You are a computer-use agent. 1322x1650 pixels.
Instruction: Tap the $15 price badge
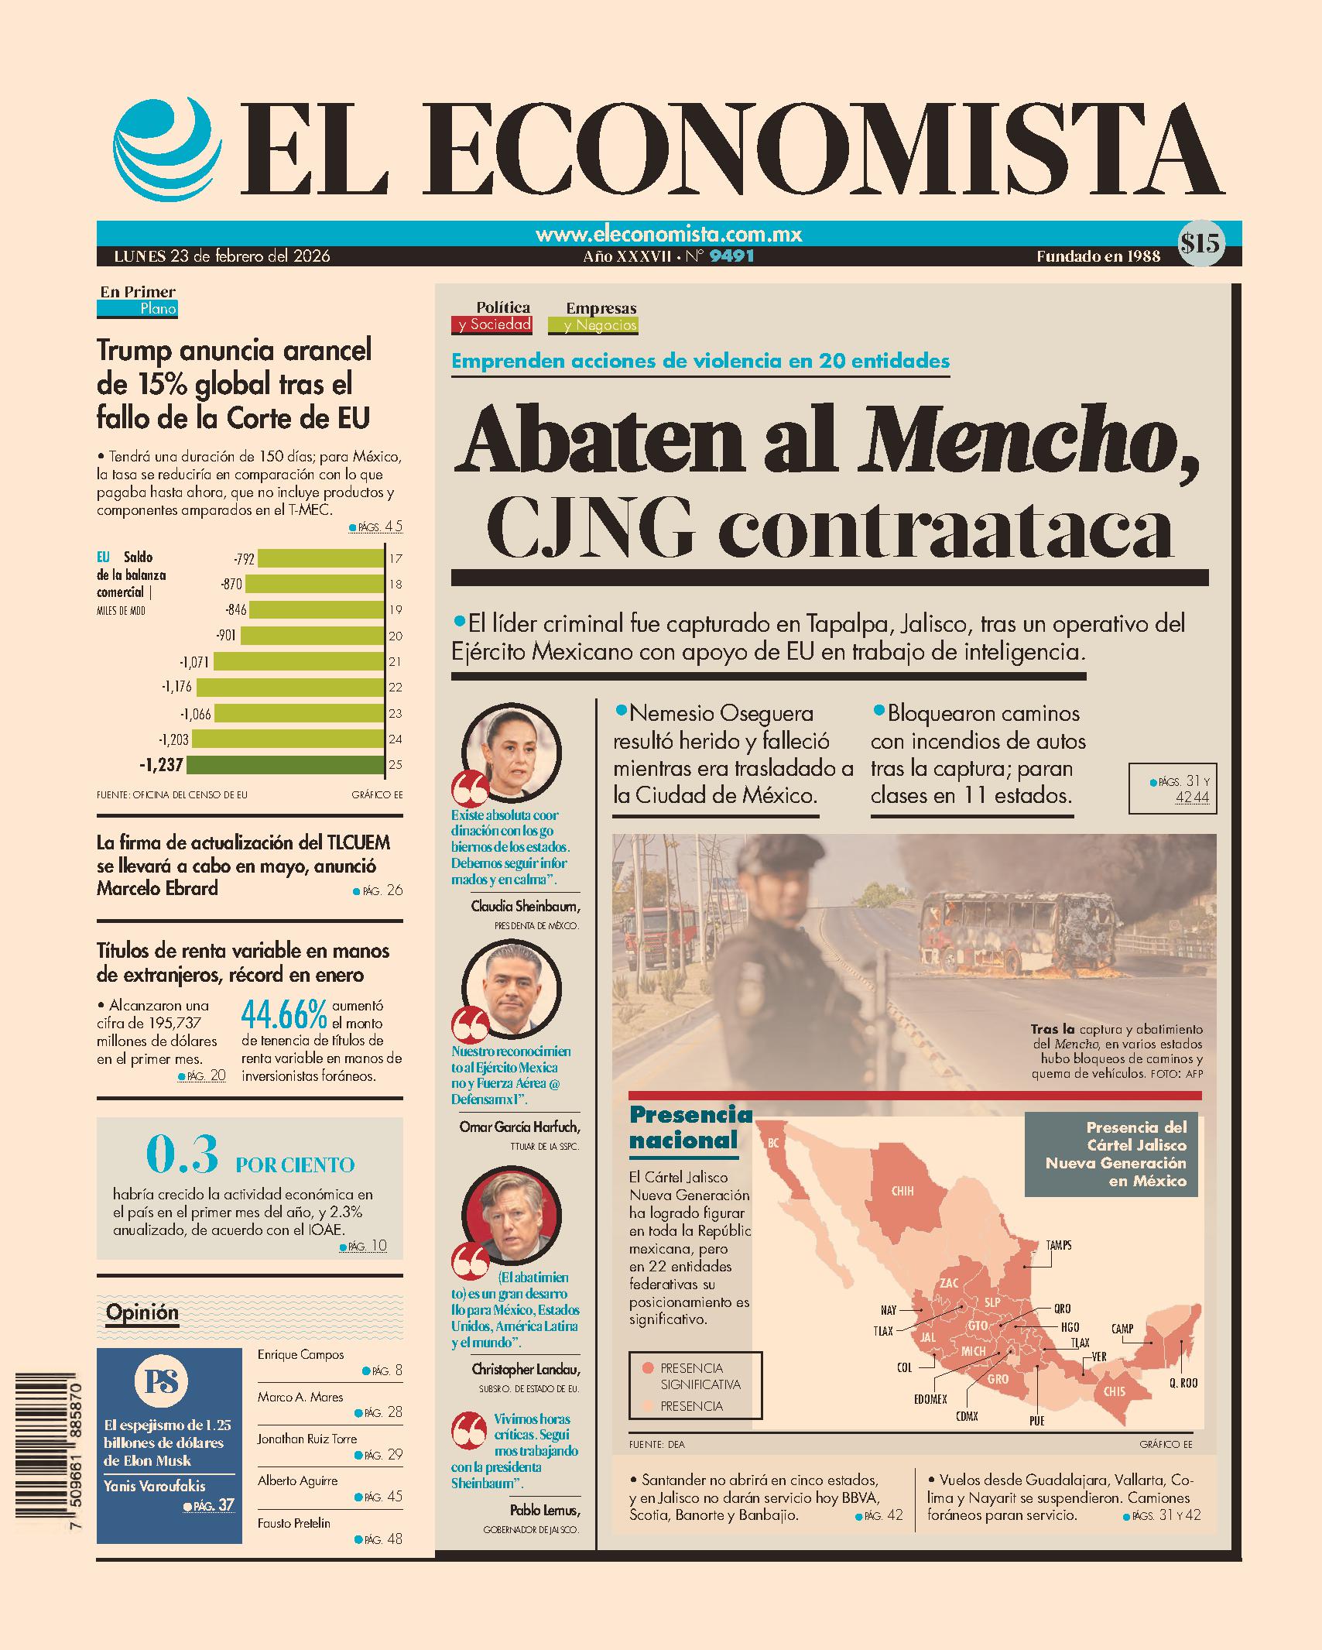(x=1200, y=244)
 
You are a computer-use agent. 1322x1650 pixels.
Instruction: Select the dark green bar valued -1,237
(x=286, y=765)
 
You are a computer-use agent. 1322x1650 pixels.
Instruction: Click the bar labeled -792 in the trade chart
(x=320, y=558)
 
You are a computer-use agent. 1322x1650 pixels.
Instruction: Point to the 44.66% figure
(x=284, y=1015)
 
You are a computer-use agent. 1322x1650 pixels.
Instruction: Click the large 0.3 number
(x=183, y=1154)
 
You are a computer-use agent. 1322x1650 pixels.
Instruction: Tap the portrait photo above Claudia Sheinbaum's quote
(x=511, y=753)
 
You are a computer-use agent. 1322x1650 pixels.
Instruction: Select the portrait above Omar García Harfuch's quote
(x=511, y=989)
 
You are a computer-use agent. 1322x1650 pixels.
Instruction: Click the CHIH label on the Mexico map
(x=902, y=1191)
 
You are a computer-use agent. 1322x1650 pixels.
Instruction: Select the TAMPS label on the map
(x=1058, y=1246)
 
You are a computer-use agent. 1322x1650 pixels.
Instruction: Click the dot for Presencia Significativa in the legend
(x=648, y=1368)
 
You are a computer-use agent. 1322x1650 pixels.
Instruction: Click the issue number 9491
(x=731, y=256)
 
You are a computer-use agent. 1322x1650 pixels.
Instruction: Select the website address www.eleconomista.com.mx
(x=669, y=235)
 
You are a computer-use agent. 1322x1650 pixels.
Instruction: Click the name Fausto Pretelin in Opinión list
(x=294, y=1523)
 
